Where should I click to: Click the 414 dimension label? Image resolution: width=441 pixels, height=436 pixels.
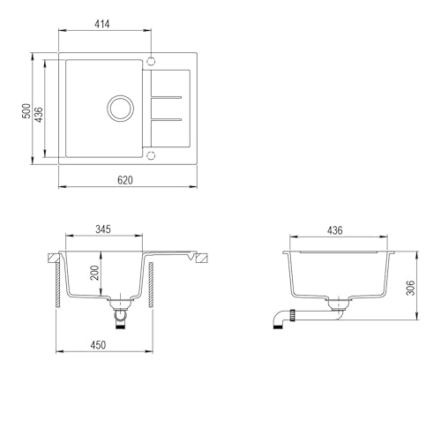coord(102,24)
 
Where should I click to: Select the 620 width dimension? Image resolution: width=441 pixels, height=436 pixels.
coord(125,180)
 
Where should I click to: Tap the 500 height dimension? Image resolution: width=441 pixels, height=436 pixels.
coord(26,111)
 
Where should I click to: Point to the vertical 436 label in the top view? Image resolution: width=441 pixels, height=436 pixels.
coord(39,115)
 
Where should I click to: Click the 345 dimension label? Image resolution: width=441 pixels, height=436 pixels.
coord(103,229)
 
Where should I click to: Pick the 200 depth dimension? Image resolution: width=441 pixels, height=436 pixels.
coord(94,273)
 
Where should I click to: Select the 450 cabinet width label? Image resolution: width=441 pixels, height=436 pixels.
coord(98,345)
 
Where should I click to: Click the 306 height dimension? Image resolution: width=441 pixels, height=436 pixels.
coord(410,288)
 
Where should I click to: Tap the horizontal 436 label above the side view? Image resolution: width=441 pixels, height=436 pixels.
coord(335,230)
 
